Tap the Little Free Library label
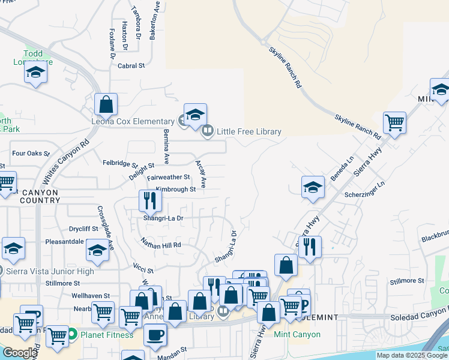tap(249, 132)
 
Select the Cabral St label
tap(131, 66)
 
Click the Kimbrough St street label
tap(176, 190)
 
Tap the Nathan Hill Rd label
tap(160, 245)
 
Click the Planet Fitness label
tap(107, 335)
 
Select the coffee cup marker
tap(155, 334)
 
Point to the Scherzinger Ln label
tap(364, 195)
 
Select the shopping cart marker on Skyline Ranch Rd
tap(395, 123)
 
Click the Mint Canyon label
tap(297, 334)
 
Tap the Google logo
tap(20, 353)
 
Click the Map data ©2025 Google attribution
tap(412, 355)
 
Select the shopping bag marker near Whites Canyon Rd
tap(106, 104)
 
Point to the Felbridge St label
tap(120, 164)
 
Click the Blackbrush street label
tap(435, 238)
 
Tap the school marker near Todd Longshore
tap(36, 73)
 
